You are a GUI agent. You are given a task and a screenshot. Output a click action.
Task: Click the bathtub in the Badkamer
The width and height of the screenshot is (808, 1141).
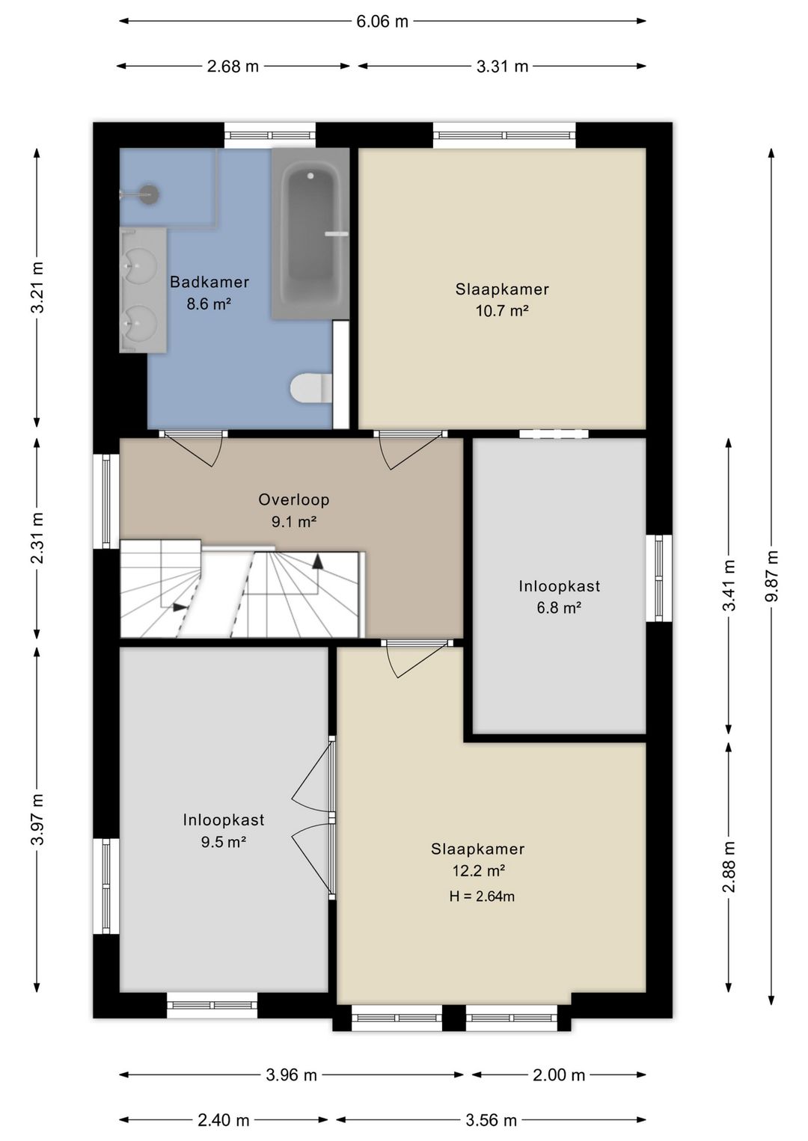coord(310,234)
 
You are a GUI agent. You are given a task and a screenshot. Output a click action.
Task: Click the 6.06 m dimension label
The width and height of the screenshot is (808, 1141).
coord(382,22)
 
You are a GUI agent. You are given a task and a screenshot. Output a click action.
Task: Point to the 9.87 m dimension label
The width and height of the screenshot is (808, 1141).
coord(772,576)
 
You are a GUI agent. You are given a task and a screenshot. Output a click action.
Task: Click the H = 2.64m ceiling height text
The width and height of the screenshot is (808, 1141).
coord(482,896)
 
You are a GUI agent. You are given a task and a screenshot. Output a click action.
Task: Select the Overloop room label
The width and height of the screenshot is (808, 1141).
coord(293,499)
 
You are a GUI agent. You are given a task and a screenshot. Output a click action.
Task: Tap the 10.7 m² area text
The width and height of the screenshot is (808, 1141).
coord(501,310)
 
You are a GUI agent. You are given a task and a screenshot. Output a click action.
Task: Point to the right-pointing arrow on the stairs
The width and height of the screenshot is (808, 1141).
coord(180,607)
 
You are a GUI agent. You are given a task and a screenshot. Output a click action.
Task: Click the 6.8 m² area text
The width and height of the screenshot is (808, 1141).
coord(559,608)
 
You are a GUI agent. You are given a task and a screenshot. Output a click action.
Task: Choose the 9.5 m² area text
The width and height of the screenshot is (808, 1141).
coord(223,841)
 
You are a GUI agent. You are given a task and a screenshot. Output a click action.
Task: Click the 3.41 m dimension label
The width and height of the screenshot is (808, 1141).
coord(729,585)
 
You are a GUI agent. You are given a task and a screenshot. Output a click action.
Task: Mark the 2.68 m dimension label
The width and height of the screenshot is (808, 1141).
coord(233,67)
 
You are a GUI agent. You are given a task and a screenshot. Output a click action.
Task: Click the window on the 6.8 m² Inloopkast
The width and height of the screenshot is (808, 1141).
coord(658,578)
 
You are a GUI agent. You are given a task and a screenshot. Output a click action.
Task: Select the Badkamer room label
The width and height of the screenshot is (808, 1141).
coord(209,282)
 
